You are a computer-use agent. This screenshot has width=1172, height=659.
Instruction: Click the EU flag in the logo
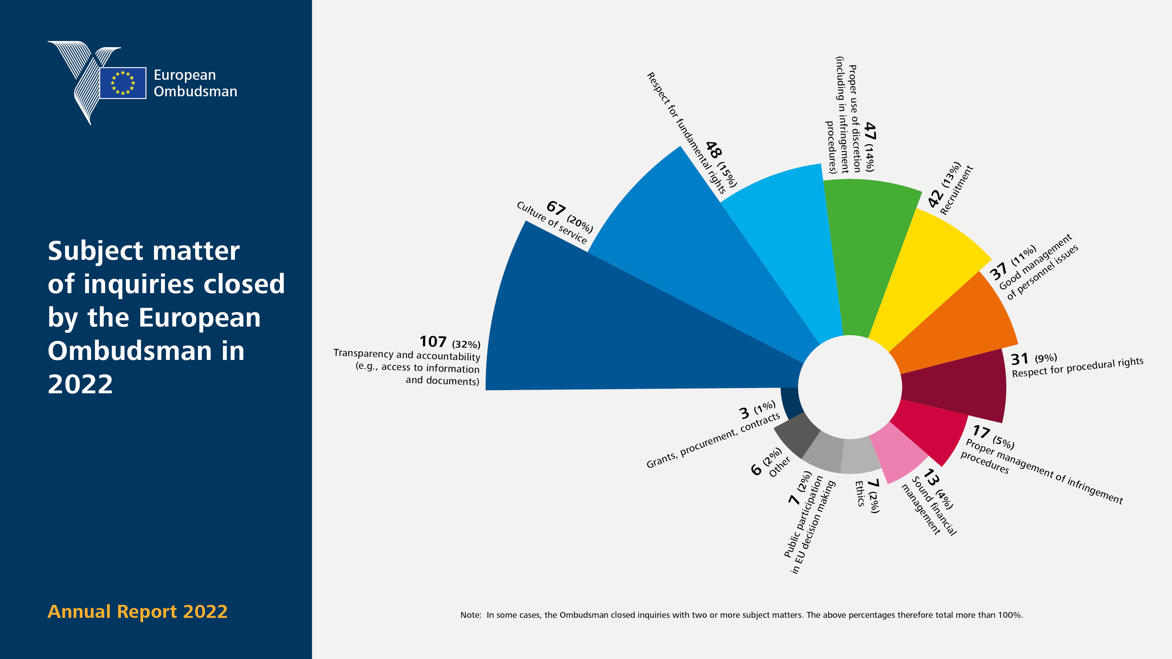123,83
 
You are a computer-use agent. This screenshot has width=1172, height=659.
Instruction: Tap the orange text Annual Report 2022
137,612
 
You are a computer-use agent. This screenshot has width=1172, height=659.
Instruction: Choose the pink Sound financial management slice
898,455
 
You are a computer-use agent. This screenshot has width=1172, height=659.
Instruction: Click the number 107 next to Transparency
433,341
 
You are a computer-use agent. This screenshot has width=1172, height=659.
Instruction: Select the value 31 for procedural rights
1020,359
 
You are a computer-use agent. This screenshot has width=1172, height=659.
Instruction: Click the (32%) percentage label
466,344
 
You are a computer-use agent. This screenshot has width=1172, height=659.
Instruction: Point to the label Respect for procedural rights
1077,368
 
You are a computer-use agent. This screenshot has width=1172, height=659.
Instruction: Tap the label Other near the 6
779,467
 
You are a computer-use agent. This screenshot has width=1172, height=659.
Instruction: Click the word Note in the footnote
470,615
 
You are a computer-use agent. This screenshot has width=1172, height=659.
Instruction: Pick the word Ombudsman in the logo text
195,91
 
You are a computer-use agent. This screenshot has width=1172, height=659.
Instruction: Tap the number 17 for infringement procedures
981,431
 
